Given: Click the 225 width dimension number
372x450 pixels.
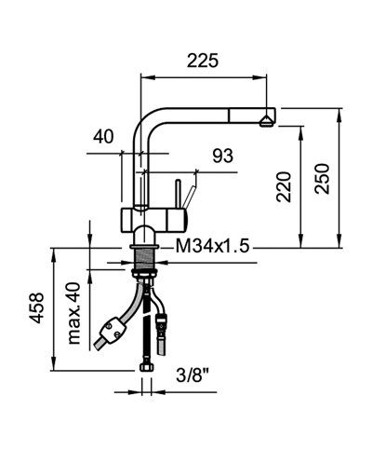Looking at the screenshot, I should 202,62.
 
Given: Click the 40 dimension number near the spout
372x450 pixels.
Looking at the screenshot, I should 103,137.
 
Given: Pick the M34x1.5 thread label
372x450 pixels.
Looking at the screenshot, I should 212,246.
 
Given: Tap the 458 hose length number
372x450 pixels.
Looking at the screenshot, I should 36,307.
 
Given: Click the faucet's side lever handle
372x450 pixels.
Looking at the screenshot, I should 188,198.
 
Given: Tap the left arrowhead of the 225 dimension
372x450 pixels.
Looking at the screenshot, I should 144,80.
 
